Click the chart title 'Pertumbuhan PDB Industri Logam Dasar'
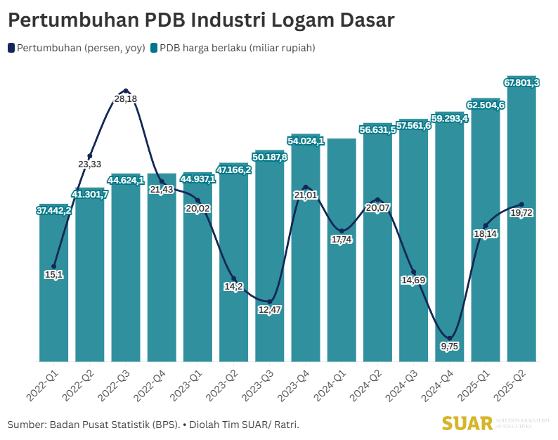pyautogui.click(x=201, y=20)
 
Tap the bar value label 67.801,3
pyautogui.click(x=521, y=83)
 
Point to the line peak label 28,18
pyautogui.click(x=125, y=99)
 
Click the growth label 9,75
pyautogui.click(x=450, y=346)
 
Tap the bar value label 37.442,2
pyautogui.click(x=54, y=210)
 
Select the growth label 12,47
pyautogui.click(x=268, y=309)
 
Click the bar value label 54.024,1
pyautogui.click(x=306, y=141)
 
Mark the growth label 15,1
pyautogui.click(x=54, y=275)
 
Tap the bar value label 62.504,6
pyautogui.click(x=486, y=105)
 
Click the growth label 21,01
pyautogui.click(x=306, y=195)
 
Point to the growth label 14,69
pyautogui.click(x=414, y=280)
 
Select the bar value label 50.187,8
pyautogui.click(x=270, y=157)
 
